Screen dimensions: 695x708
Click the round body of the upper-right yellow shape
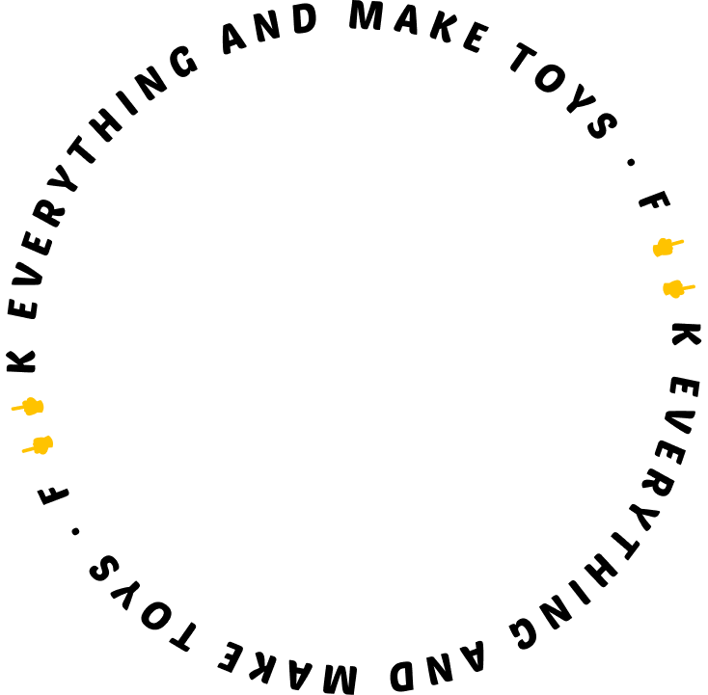coord(663,248)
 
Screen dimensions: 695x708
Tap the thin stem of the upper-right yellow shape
coord(678,242)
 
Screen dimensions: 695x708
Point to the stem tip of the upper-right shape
coord(684,240)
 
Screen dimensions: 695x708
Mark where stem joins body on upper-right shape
coord(672,244)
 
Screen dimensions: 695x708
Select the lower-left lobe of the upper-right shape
coord(656,253)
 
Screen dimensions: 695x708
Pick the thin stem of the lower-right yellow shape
coord(689,286)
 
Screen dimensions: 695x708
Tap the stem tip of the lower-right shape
coord(694,285)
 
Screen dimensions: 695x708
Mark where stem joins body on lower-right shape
coord(683,287)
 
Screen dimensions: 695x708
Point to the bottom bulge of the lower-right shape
coord(675,296)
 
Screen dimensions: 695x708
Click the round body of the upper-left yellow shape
coord(33,407)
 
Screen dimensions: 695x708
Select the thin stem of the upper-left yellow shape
coord(17,409)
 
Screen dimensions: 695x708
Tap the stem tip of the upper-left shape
coord(12,410)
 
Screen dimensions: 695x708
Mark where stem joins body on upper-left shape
coord(23,408)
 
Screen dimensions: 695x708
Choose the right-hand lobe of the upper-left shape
coord(41,407)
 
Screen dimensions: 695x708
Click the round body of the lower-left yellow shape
coord(41,444)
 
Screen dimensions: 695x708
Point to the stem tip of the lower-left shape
coord(22,451)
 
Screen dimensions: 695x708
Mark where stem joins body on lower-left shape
coord(33,447)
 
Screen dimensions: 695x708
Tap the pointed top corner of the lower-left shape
coord(49,437)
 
